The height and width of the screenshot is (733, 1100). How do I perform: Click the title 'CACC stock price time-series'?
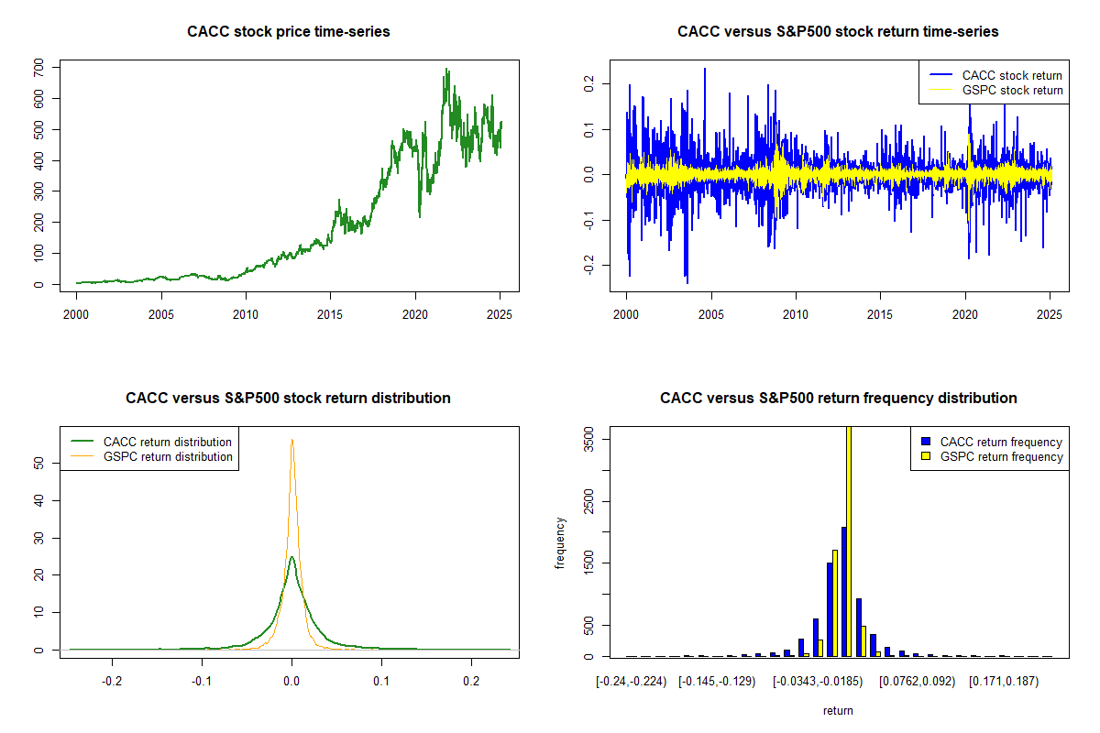pyautogui.click(x=289, y=32)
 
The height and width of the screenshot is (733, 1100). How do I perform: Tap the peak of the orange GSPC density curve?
pyautogui.click(x=291, y=440)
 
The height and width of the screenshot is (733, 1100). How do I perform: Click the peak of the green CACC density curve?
pyautogui.click(x=291, y=557)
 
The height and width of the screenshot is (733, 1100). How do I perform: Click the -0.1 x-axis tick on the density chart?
pyautogui.click(x=202, y=682)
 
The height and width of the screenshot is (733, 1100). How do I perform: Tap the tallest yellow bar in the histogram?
pyautogui.click(x=849, y=541)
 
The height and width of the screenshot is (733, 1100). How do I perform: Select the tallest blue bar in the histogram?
pyautogui.click(x=843, y=591)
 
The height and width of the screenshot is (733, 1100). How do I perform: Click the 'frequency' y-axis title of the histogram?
pyautogui.click(x=560, y=543)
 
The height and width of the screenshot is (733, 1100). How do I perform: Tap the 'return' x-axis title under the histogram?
pyautogui.click(x=838, y=710)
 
